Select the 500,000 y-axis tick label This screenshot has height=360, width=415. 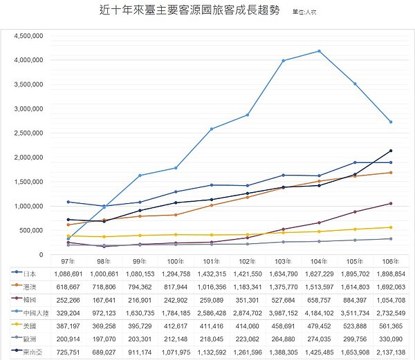[x=28, y=231]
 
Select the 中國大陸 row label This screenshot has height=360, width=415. [x=33, y=312]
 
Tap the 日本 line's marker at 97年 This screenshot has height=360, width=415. [x=68, y=202]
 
